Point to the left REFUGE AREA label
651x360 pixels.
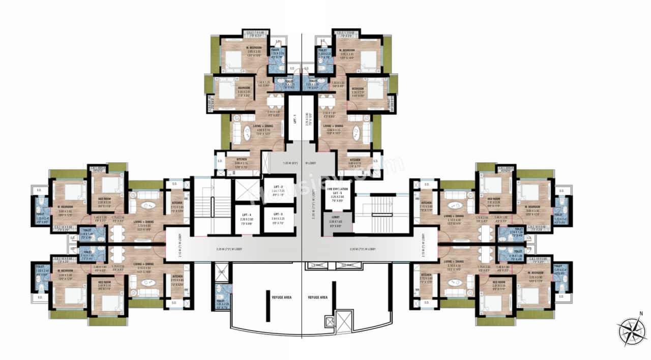point(281,297)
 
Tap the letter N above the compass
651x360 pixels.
point(641,314)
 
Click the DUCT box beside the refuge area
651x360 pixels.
point(221,272)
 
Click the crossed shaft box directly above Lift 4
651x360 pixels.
point(246,191)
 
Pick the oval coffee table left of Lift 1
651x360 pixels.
point(246,133)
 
